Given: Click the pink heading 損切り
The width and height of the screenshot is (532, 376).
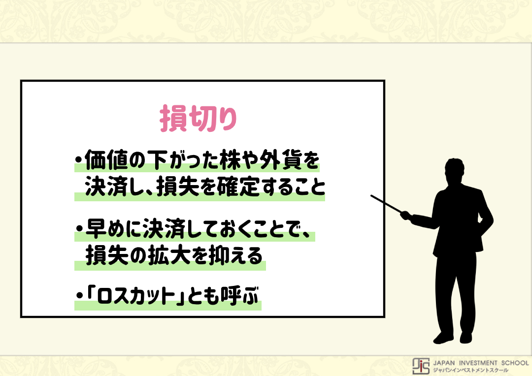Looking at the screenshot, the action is [x=198, y=118].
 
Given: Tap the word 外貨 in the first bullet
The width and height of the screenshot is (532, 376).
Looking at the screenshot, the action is [x=281, y=159].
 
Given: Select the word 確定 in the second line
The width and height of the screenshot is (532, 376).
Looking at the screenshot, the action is [x=238, y=187].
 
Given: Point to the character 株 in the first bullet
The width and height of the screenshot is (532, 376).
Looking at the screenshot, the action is [x=230, y=159].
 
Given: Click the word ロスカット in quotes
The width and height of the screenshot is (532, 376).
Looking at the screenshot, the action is [x=136, y=296].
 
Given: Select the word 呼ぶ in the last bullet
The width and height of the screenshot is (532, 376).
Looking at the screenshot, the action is [x=239, y=295].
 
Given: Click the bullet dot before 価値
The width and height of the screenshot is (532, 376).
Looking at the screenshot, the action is [x=79, y=159].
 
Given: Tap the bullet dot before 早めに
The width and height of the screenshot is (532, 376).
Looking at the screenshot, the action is [x=79, y=228].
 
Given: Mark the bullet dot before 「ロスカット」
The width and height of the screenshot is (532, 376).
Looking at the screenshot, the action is [x=79, y=296].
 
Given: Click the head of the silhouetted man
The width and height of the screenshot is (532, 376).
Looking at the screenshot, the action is [x=454, y=171].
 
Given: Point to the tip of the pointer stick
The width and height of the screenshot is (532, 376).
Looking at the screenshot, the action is [x=371, y=196].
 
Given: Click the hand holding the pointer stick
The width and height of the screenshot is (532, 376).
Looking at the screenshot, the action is [x=406, y=216].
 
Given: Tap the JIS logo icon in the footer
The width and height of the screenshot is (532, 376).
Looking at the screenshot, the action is [x=421, y=366].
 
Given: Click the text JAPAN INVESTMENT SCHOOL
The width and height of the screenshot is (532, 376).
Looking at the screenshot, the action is [x=481, y=363].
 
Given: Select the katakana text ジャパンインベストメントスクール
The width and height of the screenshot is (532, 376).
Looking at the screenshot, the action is [x=471, y=370].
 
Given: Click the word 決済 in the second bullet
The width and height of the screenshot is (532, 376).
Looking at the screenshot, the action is [x=164, y=228].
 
